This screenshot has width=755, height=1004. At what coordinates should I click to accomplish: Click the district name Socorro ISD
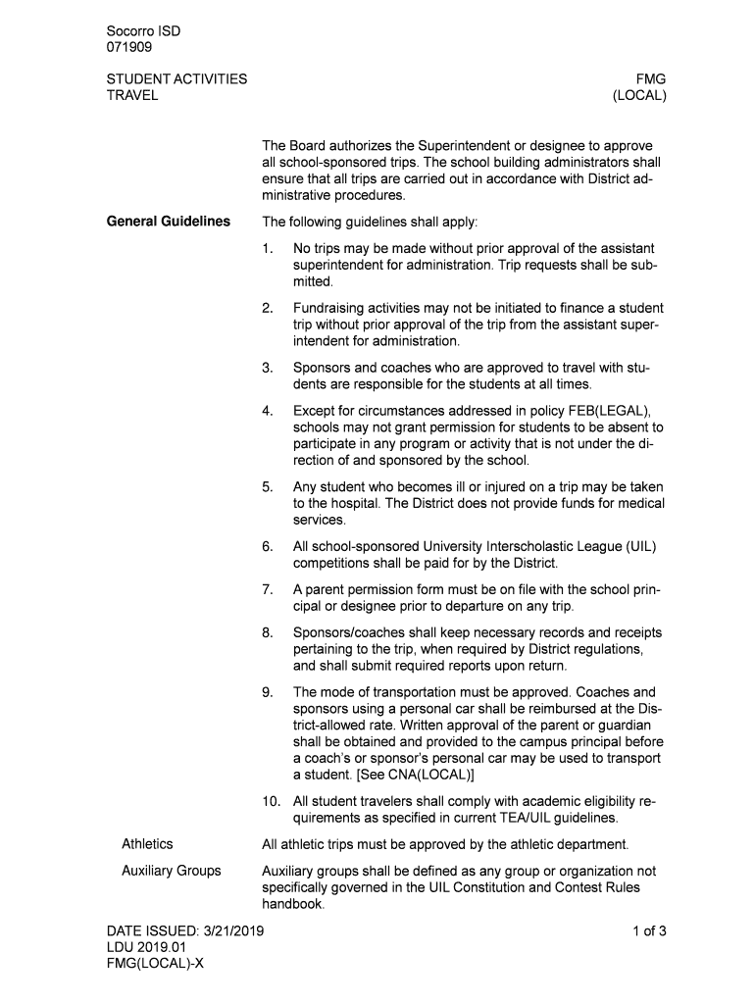coord(143,31)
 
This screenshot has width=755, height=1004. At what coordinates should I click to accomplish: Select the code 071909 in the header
coord(128,47)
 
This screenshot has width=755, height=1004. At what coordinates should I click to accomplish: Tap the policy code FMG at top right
coord(651,79)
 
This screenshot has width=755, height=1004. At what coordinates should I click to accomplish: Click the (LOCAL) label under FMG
coord(639,96)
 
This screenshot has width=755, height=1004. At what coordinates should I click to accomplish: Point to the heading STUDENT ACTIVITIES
coord(176,79)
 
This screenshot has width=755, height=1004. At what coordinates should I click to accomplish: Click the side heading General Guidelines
coord(168,222)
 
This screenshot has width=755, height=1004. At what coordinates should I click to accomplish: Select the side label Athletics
coord(147,844)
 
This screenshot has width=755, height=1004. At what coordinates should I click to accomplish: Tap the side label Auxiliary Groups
coord(171,871)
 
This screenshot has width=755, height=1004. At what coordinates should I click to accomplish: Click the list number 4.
coord(267,411)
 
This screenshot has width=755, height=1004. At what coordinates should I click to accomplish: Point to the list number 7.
coord(267,589)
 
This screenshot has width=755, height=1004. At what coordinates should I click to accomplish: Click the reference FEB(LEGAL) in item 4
coord(608,411)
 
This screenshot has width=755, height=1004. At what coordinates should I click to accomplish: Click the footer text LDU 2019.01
coord(145,948)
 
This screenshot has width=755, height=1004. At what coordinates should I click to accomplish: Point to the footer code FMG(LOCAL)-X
coord(156,965)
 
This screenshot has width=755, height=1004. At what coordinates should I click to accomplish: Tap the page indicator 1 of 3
coord(649,931)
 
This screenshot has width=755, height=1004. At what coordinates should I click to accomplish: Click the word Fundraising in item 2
coord(332,308)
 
